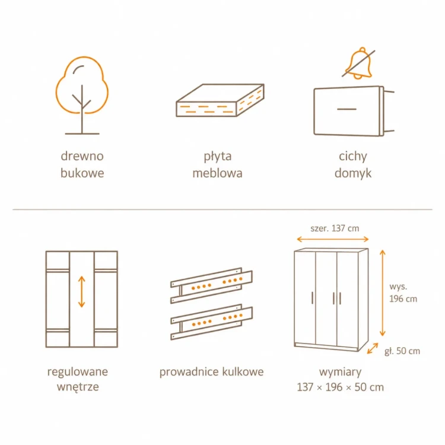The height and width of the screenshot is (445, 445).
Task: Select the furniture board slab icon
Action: pyautogui.click(x=220, y=100)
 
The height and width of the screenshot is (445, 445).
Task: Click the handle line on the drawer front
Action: pyautogui.click(x=347, y=109)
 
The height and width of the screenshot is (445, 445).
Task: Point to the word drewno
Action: pyautogui.click(x=82, y=156)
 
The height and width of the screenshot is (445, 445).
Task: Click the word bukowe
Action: pyautogui.click(x=82, y=173)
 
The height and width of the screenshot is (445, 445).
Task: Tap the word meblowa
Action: pyautogui.click(x=217, y=173)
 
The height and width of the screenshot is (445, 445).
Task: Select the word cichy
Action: pyautogui.click(x=353, y=157)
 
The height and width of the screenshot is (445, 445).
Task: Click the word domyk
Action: pyautogui.click(x=353, y=173)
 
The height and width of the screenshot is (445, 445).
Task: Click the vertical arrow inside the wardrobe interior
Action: pyautogui.click(x=82, y=292)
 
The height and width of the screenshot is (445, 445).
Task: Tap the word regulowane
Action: pyautogui.click(x=78, y=372)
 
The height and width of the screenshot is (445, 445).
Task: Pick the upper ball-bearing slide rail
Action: pyautogui.click(x=211, y=285)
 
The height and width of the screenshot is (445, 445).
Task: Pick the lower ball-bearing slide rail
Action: pyautogui.click(x=211, y=322)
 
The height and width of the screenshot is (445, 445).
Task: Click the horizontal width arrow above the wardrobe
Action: pyautogui.click(x=333, y=239)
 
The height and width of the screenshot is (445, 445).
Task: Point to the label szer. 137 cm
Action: pyautogui.click(x=335, y=228)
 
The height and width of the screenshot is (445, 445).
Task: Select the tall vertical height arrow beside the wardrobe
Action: pyautogui.click(x=383, y=293)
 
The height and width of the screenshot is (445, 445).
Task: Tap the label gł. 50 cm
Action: pyautogui.click(x=402, y=351)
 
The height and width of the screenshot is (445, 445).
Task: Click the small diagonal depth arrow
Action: pyautogui.click(x=373, y=348)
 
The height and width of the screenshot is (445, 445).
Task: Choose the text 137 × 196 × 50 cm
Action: pyautogui.click(x=341, y=387)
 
